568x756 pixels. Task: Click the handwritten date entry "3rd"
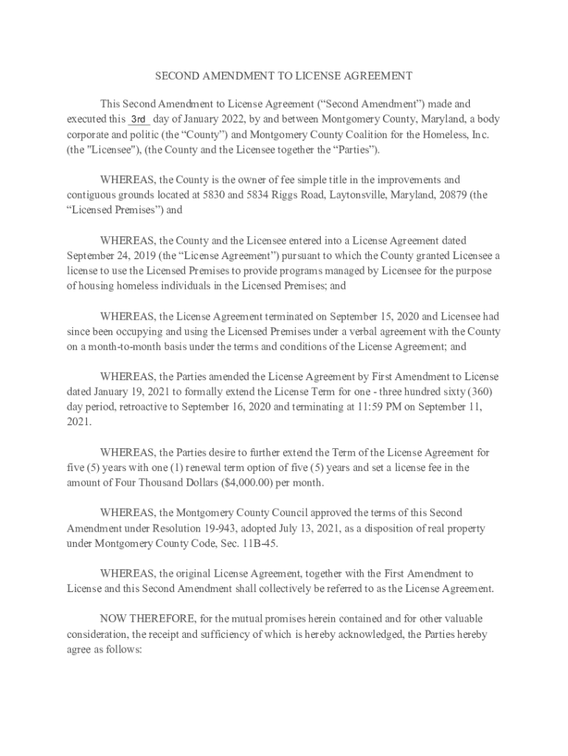pyautogui.click(x=139, y=120)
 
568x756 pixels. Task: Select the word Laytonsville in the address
pyautogui.click(x=342, y=195)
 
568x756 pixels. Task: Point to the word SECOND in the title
pyautogui.click(x=176, y=76)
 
